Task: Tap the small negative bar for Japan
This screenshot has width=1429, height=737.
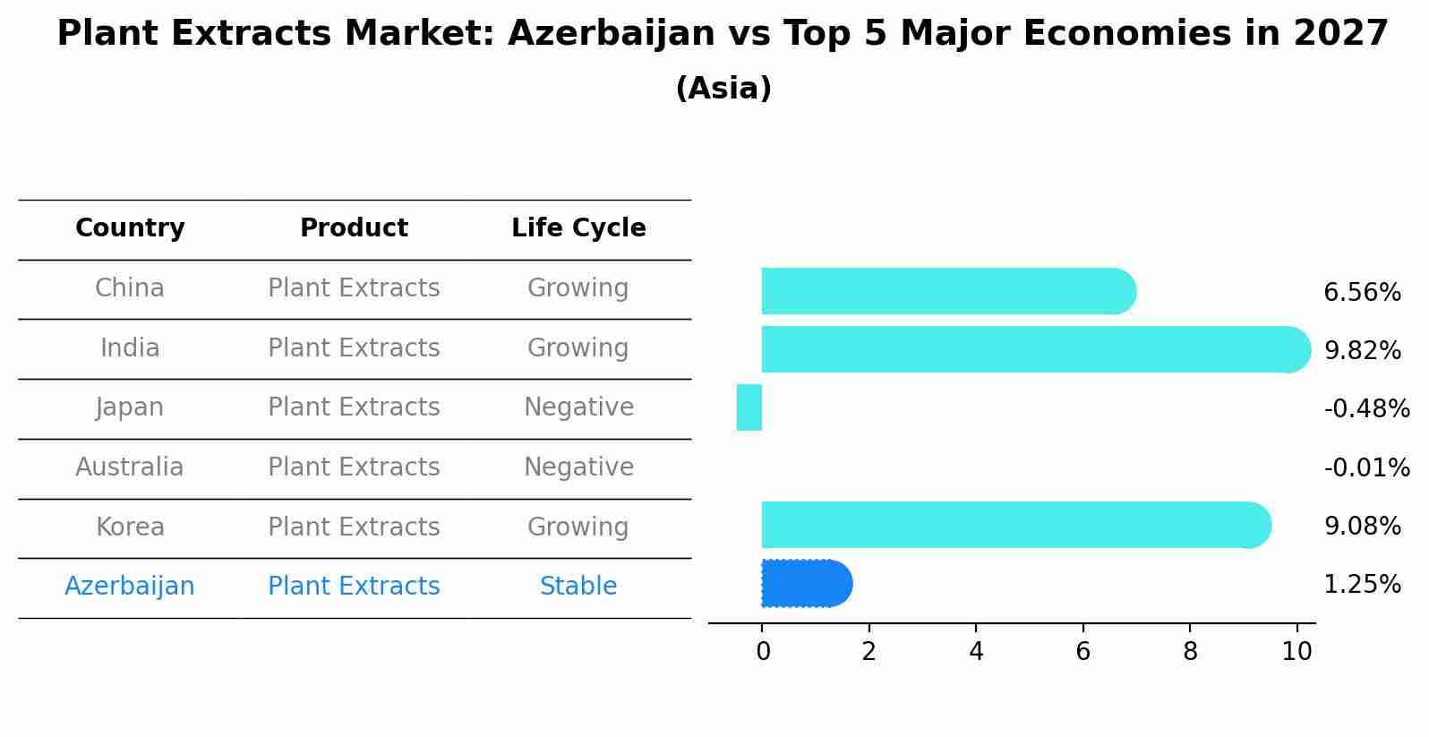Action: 749,407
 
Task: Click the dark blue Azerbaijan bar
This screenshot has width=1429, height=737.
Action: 805,584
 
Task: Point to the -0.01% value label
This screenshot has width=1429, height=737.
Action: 1366,467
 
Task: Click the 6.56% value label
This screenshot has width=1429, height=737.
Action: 1362,293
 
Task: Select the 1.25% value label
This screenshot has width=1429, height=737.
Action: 1362,585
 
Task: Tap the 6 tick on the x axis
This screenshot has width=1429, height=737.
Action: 1082,651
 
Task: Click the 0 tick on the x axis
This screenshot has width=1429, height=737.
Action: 763,651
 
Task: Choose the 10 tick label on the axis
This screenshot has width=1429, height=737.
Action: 1296,651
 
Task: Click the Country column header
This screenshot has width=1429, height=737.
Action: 130,228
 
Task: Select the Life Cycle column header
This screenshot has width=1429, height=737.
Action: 578,228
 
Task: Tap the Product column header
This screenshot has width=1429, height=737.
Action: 354,228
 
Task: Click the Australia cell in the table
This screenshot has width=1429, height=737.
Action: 130,467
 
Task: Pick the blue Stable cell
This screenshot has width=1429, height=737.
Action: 578,587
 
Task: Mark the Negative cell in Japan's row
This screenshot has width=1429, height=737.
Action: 578,407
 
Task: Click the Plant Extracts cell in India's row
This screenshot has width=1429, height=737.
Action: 354,348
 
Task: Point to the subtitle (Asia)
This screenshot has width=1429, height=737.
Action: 723,89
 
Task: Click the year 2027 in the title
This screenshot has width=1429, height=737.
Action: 1340,34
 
